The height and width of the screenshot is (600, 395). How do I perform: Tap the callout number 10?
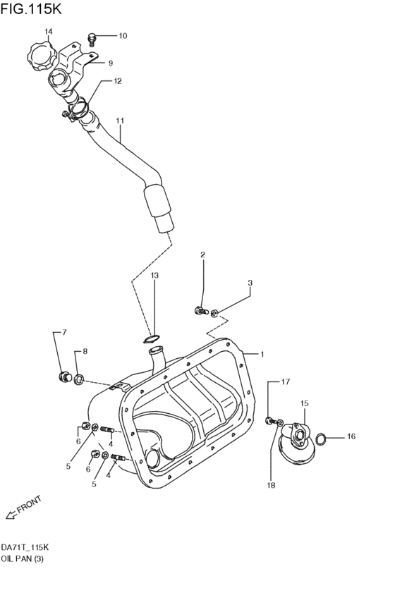[123, 35]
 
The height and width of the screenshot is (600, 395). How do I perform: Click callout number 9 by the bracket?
[110, 63]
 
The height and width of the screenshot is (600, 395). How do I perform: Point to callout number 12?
[118, 81]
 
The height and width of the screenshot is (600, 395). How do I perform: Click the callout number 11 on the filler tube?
[120, 121]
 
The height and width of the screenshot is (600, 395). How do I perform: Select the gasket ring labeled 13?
[152, 339]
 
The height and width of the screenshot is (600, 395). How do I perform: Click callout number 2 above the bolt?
[202, 255]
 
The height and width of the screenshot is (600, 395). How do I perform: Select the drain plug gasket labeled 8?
[79, 380]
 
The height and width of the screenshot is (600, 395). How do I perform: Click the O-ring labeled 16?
[320, 439]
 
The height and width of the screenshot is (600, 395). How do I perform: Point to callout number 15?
[305, 403]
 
